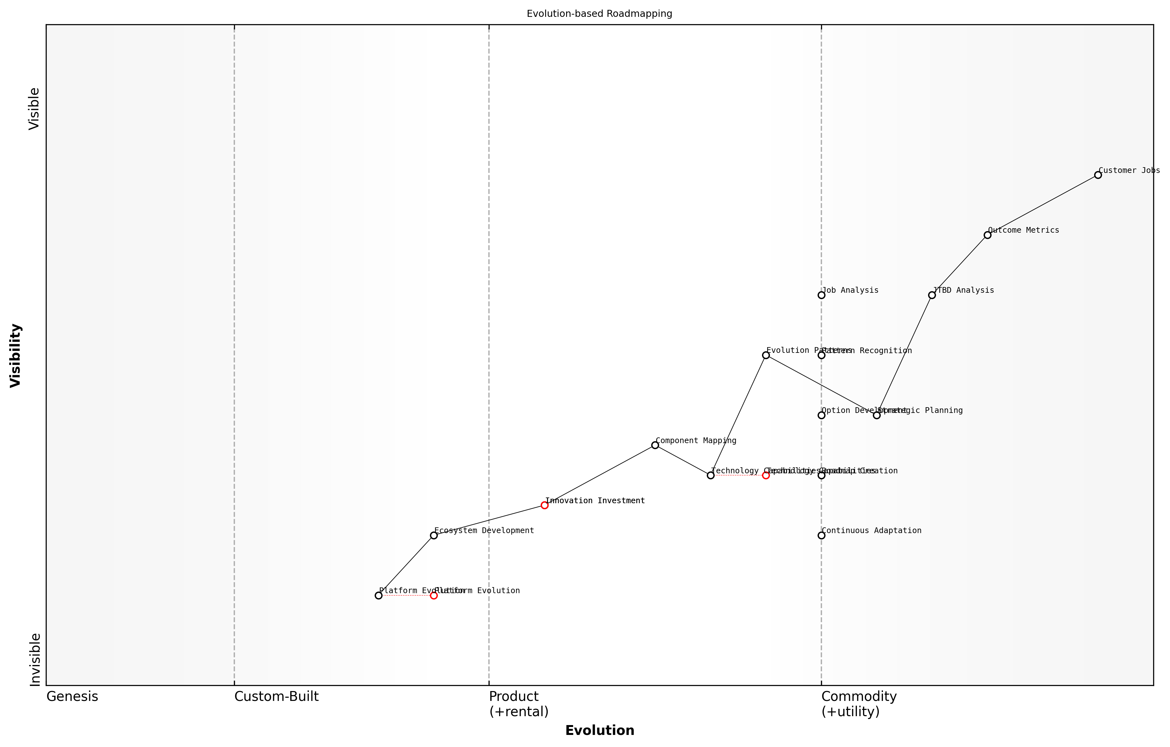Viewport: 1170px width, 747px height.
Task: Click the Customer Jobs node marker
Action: pos(1098,175)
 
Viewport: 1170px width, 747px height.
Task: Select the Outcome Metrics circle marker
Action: pos(987,235)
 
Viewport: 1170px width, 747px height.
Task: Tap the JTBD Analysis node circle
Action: pos(932,295)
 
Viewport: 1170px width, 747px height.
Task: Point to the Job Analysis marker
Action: pos(821,295)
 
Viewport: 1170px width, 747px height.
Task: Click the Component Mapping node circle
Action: pos(655,445)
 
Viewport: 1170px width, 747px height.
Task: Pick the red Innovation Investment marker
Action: pos(545,505)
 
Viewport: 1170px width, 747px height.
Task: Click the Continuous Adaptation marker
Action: pos(821,535)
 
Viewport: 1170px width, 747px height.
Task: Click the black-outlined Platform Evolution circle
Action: pos(378,595)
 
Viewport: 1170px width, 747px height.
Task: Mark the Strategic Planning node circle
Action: pos(877,415)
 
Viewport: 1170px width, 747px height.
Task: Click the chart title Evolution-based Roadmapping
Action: pos(599,14)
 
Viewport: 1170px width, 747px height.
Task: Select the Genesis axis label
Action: pos(72,696)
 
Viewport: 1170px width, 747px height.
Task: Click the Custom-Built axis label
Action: pos(277,696)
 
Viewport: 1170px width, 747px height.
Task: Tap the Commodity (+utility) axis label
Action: pos(859,704)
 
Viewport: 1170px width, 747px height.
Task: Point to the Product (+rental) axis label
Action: pos(518,704)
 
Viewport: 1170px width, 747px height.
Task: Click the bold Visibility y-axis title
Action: pos(16,355)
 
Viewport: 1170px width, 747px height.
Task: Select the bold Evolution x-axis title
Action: pos(599,730)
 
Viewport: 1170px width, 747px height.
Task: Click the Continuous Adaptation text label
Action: pos(872,531)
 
